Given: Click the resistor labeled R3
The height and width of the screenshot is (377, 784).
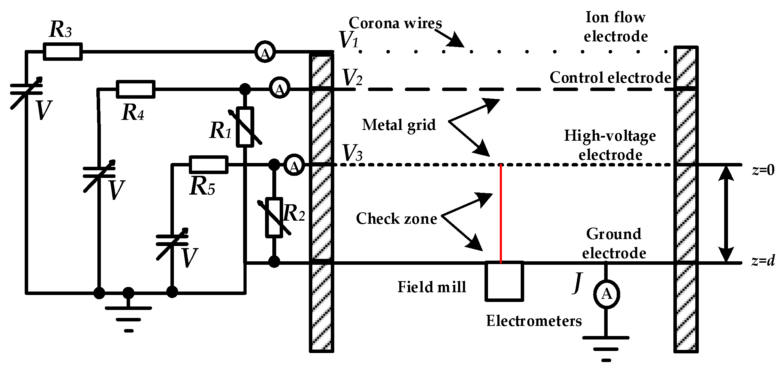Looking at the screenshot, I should (63, 52).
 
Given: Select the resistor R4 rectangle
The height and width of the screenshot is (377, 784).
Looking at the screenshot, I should (135, 89).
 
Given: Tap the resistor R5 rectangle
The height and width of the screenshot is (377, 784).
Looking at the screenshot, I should (208, 165).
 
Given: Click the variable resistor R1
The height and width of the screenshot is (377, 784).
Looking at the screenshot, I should (245, 127).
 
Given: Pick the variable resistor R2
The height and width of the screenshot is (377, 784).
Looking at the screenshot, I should (274, 218).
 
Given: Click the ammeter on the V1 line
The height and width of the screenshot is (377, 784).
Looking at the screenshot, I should (265, 52).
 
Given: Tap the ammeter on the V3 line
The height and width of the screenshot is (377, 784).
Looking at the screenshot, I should (294, 165).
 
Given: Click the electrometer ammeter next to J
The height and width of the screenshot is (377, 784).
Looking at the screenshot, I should (606, 294).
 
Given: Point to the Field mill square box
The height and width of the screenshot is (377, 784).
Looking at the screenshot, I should (504, 281).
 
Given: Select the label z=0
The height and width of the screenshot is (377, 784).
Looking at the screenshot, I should (763, 170).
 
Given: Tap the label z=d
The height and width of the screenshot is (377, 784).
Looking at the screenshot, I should (763, 261).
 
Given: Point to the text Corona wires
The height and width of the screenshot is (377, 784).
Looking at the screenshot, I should (395, 23).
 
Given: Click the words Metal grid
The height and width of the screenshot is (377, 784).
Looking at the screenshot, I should (399, 125).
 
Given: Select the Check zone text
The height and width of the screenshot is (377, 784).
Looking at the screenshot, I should (396, 219).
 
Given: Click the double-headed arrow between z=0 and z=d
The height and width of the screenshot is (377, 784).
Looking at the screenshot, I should (726, 213).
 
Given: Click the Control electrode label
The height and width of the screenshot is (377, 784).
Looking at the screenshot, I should (610, 77).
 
